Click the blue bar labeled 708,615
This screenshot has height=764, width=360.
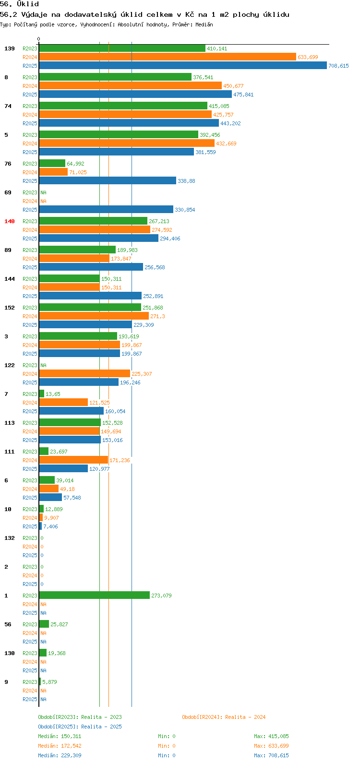click(x=183, y=65)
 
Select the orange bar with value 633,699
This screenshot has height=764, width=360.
click(x=168, y=57)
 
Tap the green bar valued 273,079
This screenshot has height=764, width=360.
click(x=95, y=595)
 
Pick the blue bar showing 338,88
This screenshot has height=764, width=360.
click(x=108, y=181)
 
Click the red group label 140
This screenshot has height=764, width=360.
click(x=10, y=221)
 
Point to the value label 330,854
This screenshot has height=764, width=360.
click(x=185, y=210)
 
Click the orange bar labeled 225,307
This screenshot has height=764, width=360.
click(x=84, y=373)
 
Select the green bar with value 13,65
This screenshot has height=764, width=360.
click(x=42, y=394)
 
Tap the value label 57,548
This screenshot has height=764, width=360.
click(x=72, y=498)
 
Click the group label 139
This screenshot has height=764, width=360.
click(x=10, y=48)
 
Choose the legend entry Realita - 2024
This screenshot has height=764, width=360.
click(x=224, y=717)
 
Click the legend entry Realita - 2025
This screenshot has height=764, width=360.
click(x=80, y=727)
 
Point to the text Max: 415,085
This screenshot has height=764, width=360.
click(x=271, y=736)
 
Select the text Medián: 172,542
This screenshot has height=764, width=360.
click(x=60, y=746)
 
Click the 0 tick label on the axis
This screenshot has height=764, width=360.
click(x=38, y=39)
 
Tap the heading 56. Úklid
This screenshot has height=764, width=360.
click(x=20, y=4)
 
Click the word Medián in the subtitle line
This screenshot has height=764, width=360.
click(x=204, y=24)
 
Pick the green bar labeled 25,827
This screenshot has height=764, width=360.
click(x=44, y=624)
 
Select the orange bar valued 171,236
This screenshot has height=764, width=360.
click(x=74, y=460)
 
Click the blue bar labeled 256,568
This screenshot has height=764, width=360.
click(x=91, y=267)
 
